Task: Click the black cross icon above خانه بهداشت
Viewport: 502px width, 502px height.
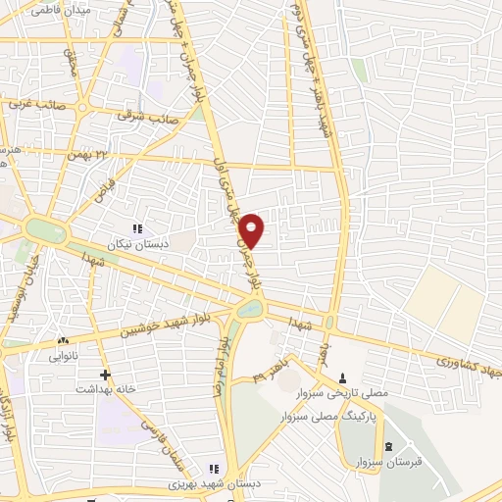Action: click(x=106, y=374)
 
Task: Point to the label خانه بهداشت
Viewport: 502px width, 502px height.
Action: click(x=95, y=389)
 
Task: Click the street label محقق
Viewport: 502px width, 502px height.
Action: click(x=71, y=64)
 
